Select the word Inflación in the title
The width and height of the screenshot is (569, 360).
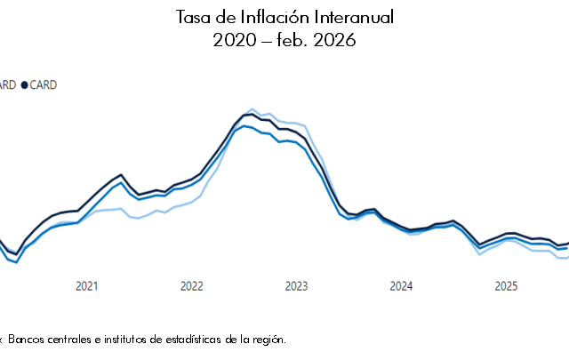254,18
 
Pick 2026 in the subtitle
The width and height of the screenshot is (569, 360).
336,41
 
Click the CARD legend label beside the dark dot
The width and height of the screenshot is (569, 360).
44,85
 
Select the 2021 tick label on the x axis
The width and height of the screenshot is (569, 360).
86,286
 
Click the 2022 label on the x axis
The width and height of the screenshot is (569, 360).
191,286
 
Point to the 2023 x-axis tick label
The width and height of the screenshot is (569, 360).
296,286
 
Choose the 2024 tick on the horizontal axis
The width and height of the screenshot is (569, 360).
401,286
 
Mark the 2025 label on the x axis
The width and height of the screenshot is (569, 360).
506,286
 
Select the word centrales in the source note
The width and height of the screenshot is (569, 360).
74,339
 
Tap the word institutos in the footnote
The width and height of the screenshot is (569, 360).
131,339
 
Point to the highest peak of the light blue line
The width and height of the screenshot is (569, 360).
252,109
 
